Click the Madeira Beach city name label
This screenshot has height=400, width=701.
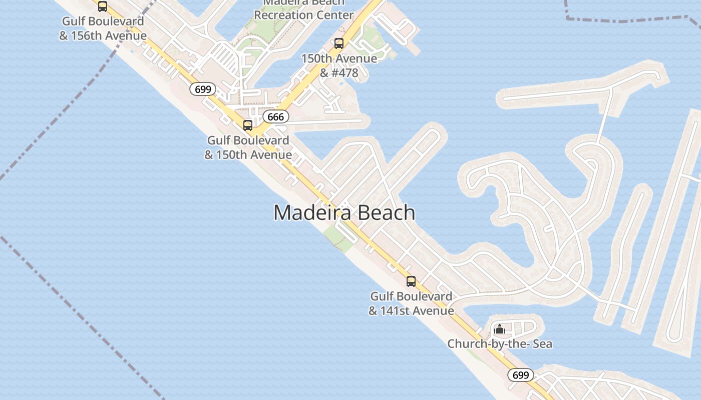coord(344,213)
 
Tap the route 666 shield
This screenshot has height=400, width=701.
coord(275,117)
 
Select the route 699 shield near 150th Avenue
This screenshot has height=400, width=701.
coord(203,89)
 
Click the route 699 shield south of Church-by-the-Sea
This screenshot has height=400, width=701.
coord(520,375)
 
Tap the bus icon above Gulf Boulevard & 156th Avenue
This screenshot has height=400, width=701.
coord(103,6)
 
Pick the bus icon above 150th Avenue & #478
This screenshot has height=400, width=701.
coord(339,43)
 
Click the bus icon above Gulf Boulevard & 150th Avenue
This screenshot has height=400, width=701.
coord(248,125)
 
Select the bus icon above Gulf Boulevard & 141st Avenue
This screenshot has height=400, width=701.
coord(411,281)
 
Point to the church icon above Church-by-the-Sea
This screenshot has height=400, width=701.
coord(500,329)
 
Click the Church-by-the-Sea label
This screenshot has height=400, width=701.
coord(500,344)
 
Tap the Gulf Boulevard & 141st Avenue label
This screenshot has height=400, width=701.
coord(411,303)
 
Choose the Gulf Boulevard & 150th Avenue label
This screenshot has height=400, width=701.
coord(248,147)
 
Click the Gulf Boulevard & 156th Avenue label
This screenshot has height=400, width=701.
coord(103,28)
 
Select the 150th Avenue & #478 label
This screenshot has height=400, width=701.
coord(339,65)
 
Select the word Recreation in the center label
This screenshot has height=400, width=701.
coord(283,15)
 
